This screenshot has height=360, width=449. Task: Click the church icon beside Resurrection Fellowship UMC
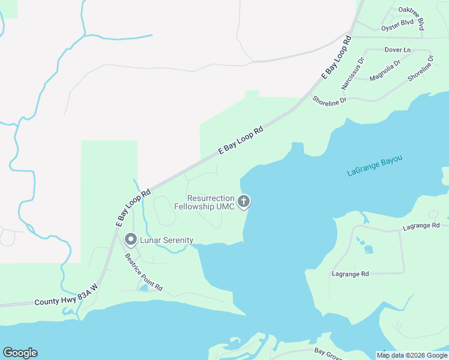[244, 202]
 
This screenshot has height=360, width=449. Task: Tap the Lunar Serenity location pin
[130, 240]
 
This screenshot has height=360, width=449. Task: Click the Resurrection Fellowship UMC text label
[203, 202]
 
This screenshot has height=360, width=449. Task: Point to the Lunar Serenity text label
[166, 241]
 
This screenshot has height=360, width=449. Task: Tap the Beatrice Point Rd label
[143, 272]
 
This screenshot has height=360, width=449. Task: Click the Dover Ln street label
[398, 49]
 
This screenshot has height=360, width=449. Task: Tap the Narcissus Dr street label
[353, 73]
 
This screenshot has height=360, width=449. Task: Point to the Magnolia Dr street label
[385, 71]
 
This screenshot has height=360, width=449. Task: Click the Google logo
[20, 353]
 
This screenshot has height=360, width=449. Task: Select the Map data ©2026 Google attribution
[412, 355]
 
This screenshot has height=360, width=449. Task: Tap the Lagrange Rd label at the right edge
[421, 226]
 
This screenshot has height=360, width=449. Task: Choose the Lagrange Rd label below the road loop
[350, 274]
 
